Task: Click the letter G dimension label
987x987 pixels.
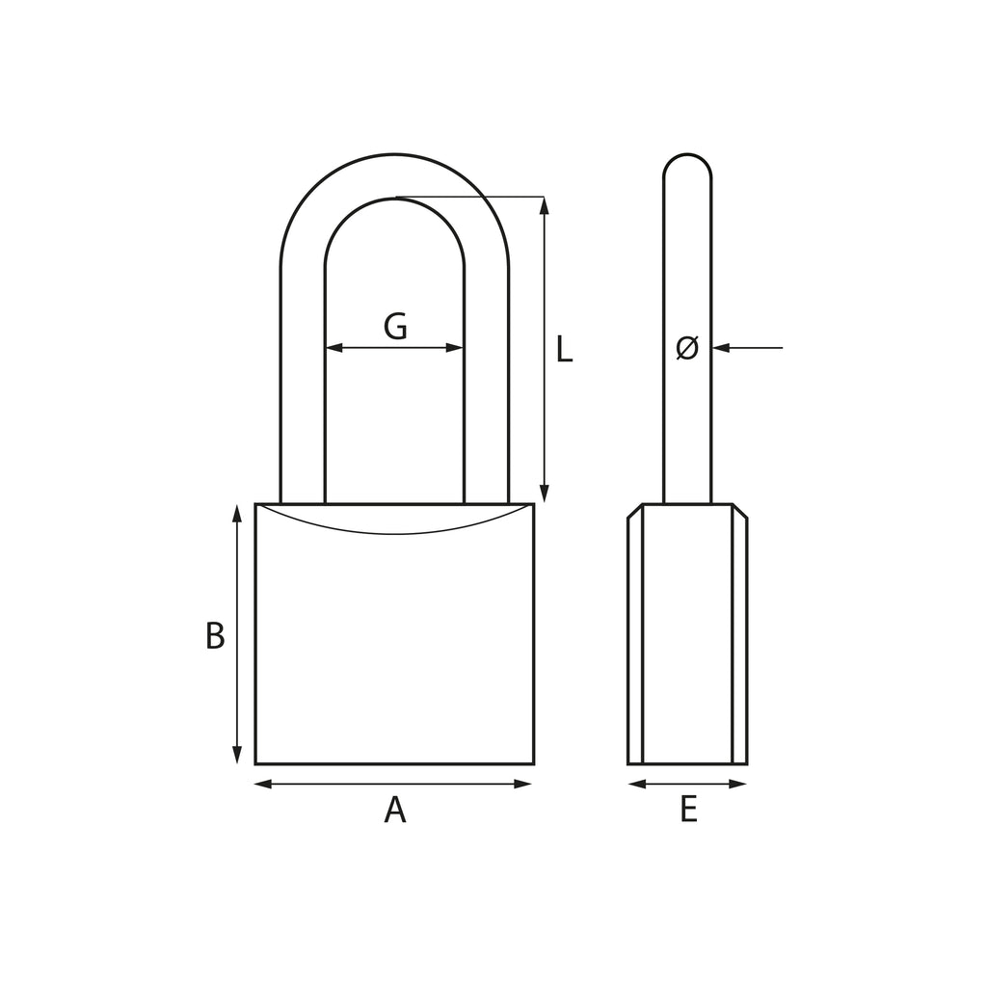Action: point(395,326)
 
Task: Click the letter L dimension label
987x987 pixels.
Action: point(565,349)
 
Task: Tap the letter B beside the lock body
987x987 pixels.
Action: point(215,636)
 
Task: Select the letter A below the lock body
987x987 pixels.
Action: point(394,810)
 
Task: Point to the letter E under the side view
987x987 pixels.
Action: point(688,810)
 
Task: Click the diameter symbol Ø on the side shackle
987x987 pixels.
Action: point(687,347)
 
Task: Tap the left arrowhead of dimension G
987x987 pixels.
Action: point(334,347)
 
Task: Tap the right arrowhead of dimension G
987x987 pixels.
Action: point(455,347)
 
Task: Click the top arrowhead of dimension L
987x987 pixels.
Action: point(545,206)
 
